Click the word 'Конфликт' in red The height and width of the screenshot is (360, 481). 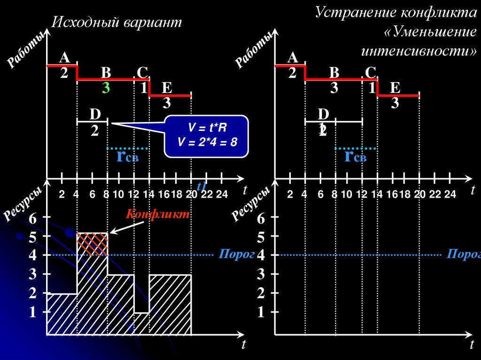pos(157,214)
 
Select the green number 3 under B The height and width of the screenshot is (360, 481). pos(106,88)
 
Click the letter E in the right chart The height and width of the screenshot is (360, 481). pos(395,87)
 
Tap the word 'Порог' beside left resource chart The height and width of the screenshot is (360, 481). pos(230,254)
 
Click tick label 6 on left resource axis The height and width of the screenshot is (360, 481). pos(32,218)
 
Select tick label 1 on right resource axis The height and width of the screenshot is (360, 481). pos(261,312)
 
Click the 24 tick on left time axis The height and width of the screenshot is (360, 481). pos(221,195)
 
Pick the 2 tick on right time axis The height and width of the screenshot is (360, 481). pos(290,195)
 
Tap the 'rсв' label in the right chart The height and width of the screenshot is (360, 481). pos(355,157)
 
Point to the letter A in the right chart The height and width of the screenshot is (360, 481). pos(293,58)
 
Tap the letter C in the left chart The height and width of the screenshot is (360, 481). pos(142,72)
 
